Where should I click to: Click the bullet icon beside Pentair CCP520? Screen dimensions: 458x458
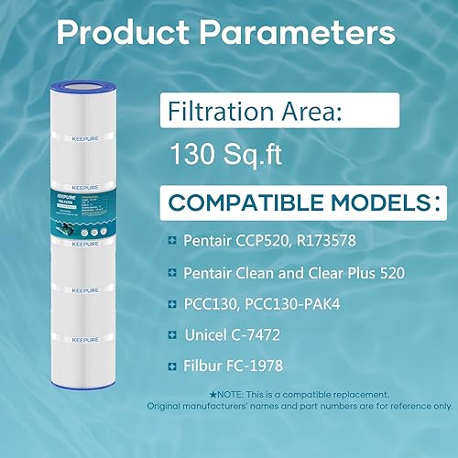click(x=172, y=240)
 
